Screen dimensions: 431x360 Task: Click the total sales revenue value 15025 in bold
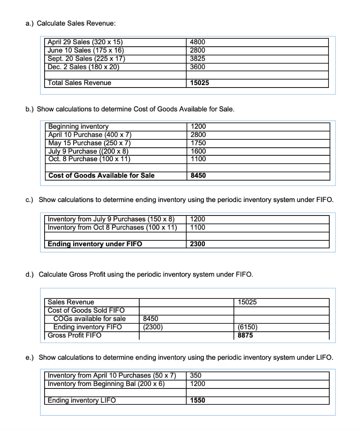tap(199, 83)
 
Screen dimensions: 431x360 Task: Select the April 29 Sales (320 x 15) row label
tap(85, 42)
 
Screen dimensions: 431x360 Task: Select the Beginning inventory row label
tap(78, 126)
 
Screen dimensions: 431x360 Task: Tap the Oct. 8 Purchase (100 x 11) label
tap(89, 159)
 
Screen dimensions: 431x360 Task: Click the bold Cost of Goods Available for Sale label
tap(101, 176)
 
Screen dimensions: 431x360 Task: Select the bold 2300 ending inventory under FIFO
tap(198, 244)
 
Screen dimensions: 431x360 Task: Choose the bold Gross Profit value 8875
tap(245, 335)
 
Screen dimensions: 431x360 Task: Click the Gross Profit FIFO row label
tap(74, 335)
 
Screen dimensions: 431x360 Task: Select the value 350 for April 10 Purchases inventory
tap(196, 375)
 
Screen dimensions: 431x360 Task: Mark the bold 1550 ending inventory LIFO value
tap(198, 400)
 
